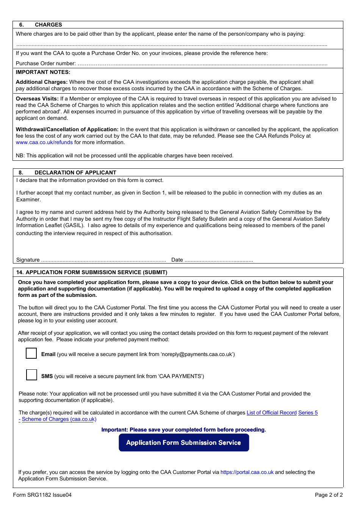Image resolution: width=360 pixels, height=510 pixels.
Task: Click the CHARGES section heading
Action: (x=48, y=25)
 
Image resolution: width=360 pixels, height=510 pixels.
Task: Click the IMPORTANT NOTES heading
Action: (x=43, y=72)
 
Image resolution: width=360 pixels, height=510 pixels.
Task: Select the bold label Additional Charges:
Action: (x=42, y=82)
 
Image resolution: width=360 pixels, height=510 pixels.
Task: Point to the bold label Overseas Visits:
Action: (x=37, y=99)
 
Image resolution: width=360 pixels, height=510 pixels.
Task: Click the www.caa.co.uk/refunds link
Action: (x=44, y=142)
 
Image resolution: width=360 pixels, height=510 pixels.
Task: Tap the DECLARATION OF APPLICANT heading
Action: (x=75, y=173)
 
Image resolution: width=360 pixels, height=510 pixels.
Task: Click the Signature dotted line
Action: (x=103, y=260)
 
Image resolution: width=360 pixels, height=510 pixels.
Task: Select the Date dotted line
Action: (x=219, y=260)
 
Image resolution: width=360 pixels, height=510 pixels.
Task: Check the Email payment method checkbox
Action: (x=31, y=353)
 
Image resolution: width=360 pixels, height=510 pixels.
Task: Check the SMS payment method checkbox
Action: (x=31, y=375)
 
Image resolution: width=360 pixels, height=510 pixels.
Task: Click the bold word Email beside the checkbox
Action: (x=48, y=354)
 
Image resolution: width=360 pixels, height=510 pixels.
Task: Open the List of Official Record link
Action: (x=271, y=413)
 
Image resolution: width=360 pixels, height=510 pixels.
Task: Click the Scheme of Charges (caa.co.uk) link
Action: (x=59, y=419)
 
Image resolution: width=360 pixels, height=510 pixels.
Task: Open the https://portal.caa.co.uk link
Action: (x=247, y=472)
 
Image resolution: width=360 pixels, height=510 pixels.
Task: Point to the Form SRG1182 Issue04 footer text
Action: (x=42, y=495)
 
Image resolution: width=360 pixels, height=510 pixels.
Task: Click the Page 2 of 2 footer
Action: (x=329, y=495)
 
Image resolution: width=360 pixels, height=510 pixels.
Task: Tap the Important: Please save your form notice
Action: (x=183, y=430)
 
